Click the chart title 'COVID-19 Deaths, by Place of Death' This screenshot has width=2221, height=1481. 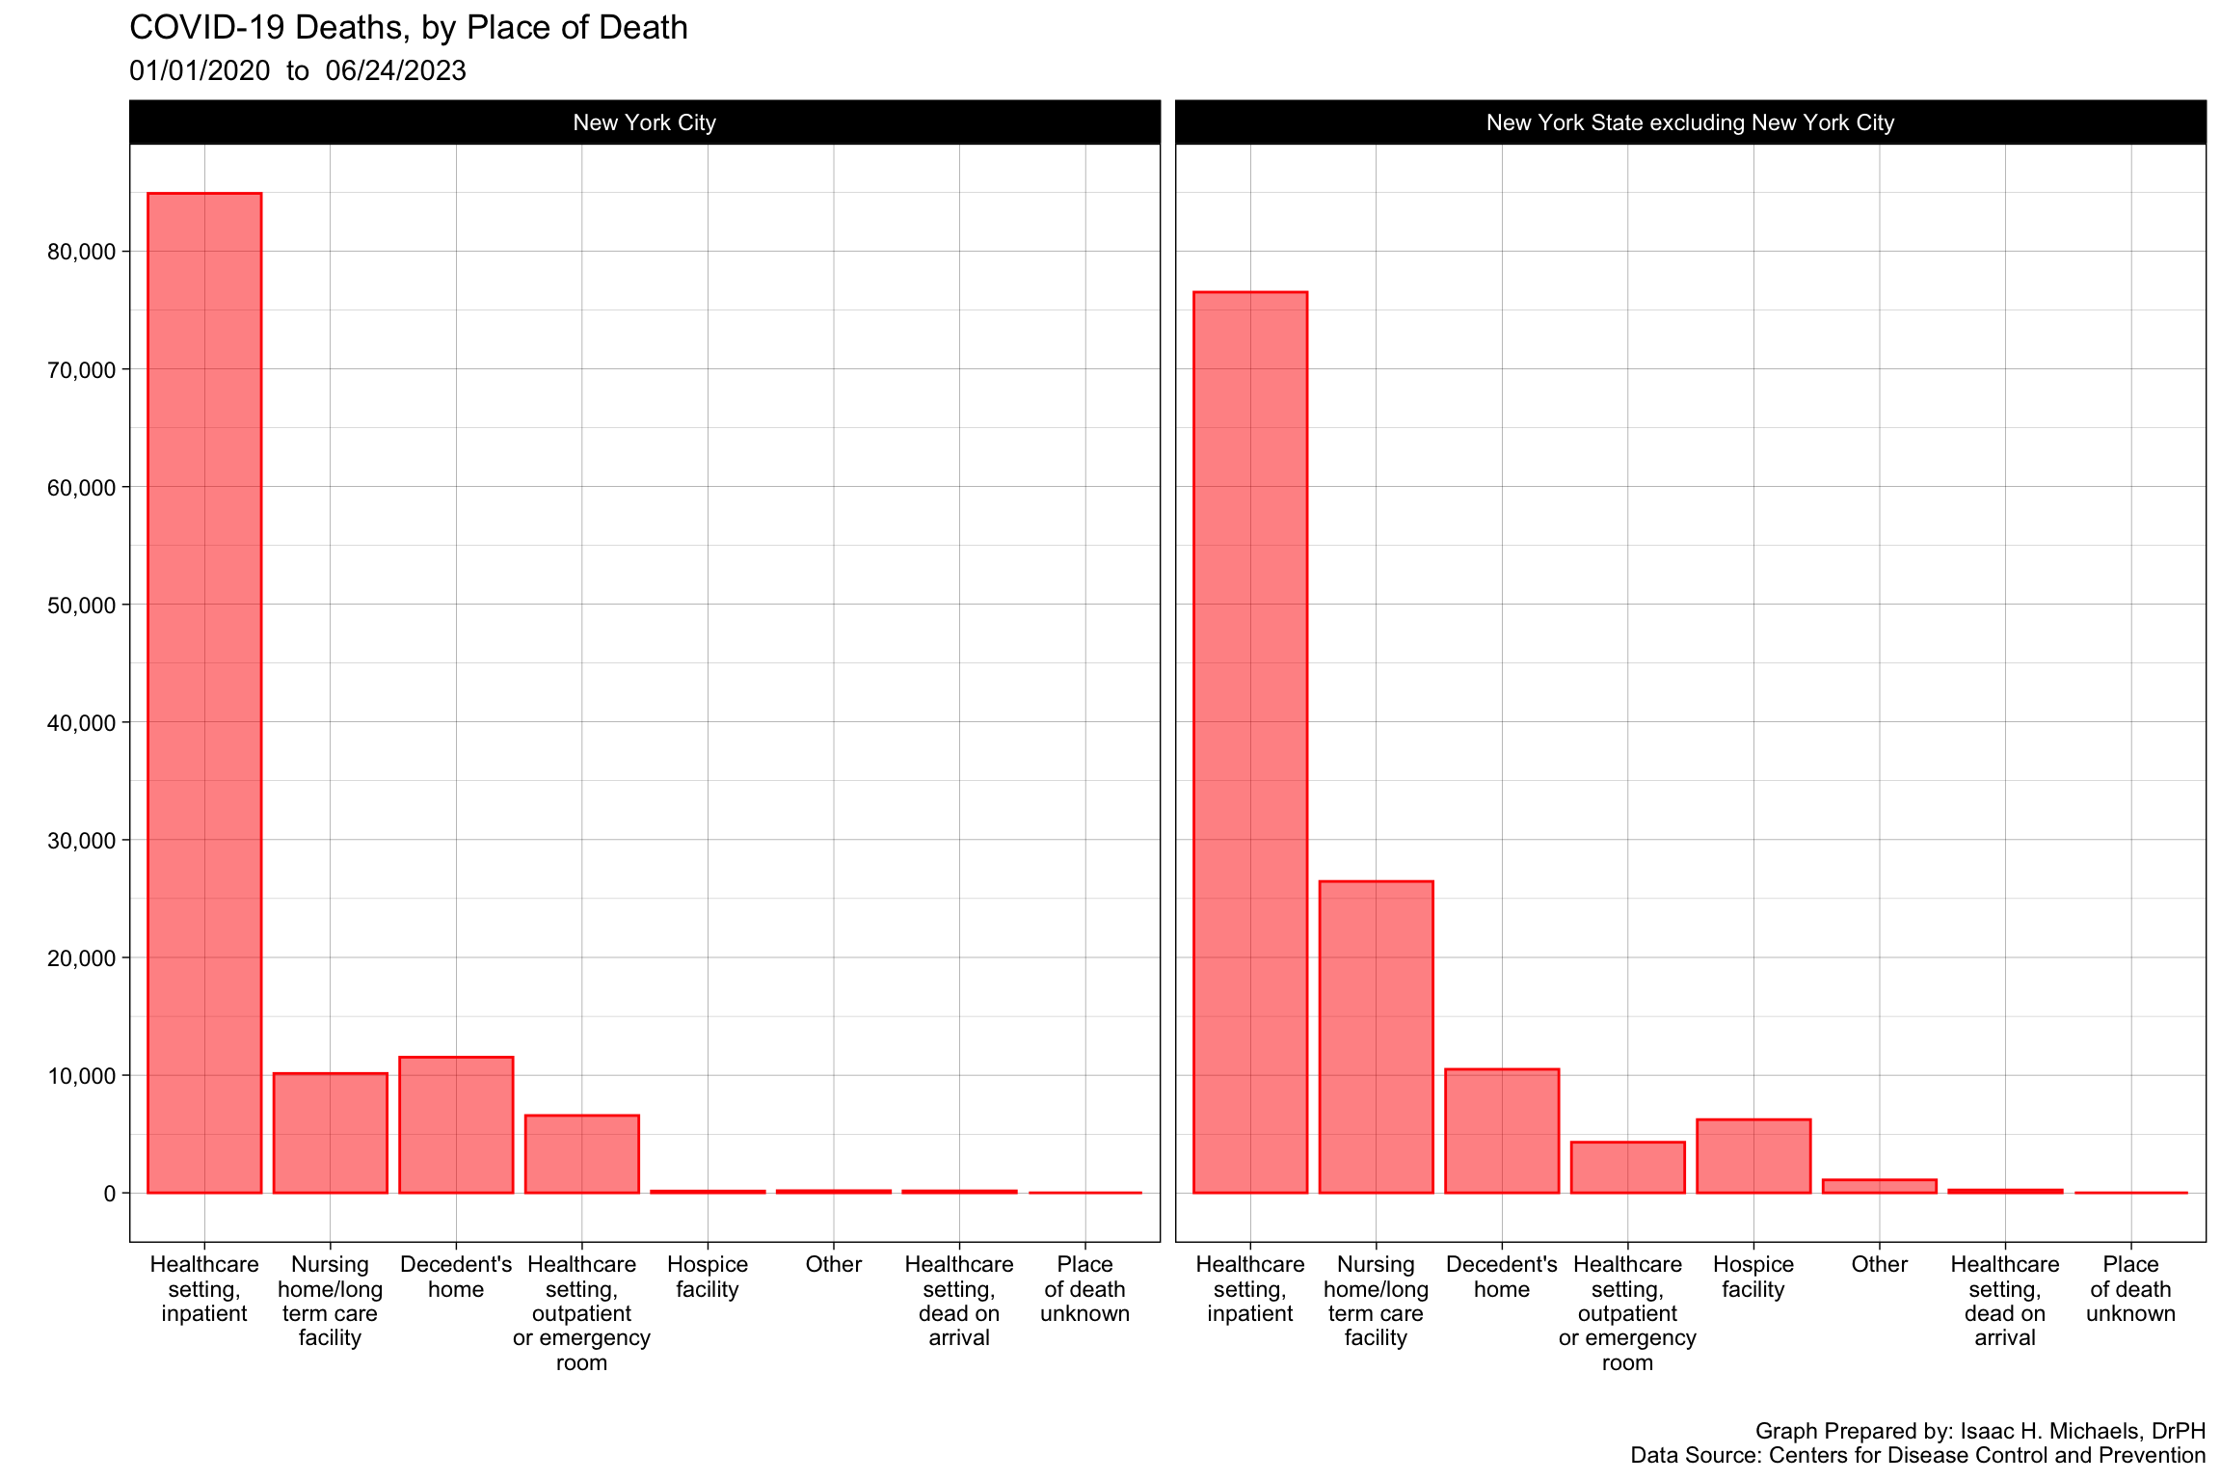point(408,28)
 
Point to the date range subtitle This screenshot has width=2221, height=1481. point(297,71)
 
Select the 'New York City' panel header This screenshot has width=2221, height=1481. point(644,122)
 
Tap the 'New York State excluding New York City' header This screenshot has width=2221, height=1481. point(1690,122)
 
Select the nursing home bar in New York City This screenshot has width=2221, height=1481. point(330,1133)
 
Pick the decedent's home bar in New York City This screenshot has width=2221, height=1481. point(456,1125)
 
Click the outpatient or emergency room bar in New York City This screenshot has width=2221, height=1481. point(581,1154)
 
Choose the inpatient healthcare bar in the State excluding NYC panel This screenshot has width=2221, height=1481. point(1250,741)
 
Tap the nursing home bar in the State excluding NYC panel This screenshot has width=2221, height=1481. point(1376,1037)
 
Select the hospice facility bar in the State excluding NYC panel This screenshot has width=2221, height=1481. point(1753,1156)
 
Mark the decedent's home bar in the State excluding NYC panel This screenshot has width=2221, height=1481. point(1502,1131)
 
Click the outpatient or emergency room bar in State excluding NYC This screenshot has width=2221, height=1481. point(1627,1168)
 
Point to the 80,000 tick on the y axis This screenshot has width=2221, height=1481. point(81,252)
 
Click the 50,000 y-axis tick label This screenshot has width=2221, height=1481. point(81,606)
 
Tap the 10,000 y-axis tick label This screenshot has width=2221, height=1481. point(81,1076)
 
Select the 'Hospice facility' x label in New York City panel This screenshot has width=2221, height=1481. point(708,1277)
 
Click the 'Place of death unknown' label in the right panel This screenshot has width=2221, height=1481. point(2130,1289)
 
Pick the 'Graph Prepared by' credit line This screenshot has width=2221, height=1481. point(1980,1431)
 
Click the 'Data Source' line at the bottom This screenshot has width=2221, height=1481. point(1917,1455)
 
